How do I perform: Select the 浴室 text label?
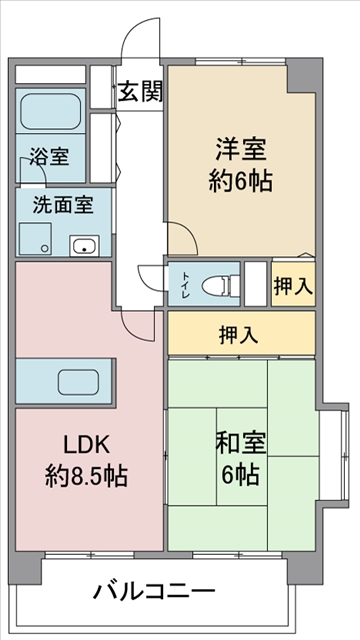(48, 157)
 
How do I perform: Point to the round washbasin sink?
(82, 243)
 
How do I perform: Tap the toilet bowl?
(217, 285)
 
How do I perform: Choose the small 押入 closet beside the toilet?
(293, 285)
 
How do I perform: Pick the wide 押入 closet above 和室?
(240, 334)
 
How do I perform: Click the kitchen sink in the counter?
(78, 382)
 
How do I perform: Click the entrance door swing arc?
(135, 45)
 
